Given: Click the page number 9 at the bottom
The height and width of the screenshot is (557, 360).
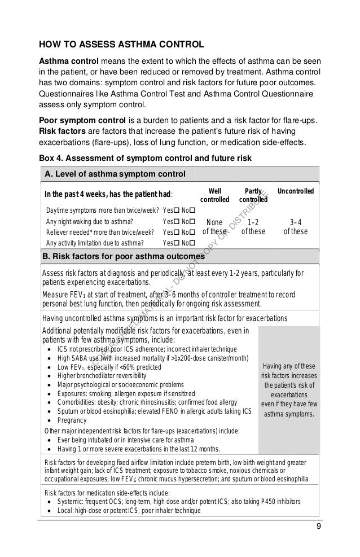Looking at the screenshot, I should point(318,527).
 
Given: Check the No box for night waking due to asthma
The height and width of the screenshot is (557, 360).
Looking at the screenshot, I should point(192,221).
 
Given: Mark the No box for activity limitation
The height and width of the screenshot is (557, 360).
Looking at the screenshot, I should point(192,243).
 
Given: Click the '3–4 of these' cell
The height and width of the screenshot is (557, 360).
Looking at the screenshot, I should point(295,226).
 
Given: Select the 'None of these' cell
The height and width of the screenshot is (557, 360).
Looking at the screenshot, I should point(215,226).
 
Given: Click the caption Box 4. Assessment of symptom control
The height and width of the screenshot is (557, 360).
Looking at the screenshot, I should point(144,157).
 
